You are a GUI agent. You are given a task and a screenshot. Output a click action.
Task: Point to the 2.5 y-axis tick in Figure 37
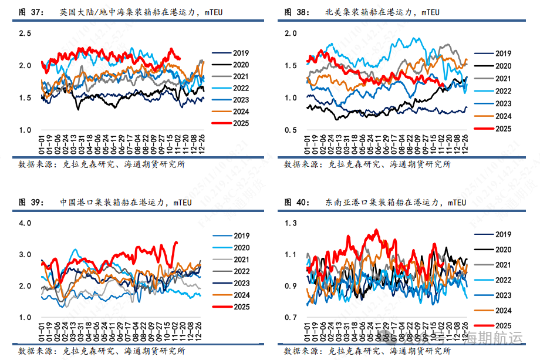[25, 33]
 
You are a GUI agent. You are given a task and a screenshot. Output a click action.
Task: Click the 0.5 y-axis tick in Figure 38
[291, 130]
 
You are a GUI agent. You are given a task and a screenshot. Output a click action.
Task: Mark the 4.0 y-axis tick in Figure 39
[25, 223]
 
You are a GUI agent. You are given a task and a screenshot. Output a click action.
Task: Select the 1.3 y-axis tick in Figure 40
[291, 223]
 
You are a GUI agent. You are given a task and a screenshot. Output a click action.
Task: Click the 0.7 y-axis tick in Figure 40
[291, 318]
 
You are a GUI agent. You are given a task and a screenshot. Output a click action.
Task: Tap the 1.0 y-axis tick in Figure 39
[25, 318]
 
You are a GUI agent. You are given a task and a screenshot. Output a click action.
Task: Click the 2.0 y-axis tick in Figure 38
[291, 33]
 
